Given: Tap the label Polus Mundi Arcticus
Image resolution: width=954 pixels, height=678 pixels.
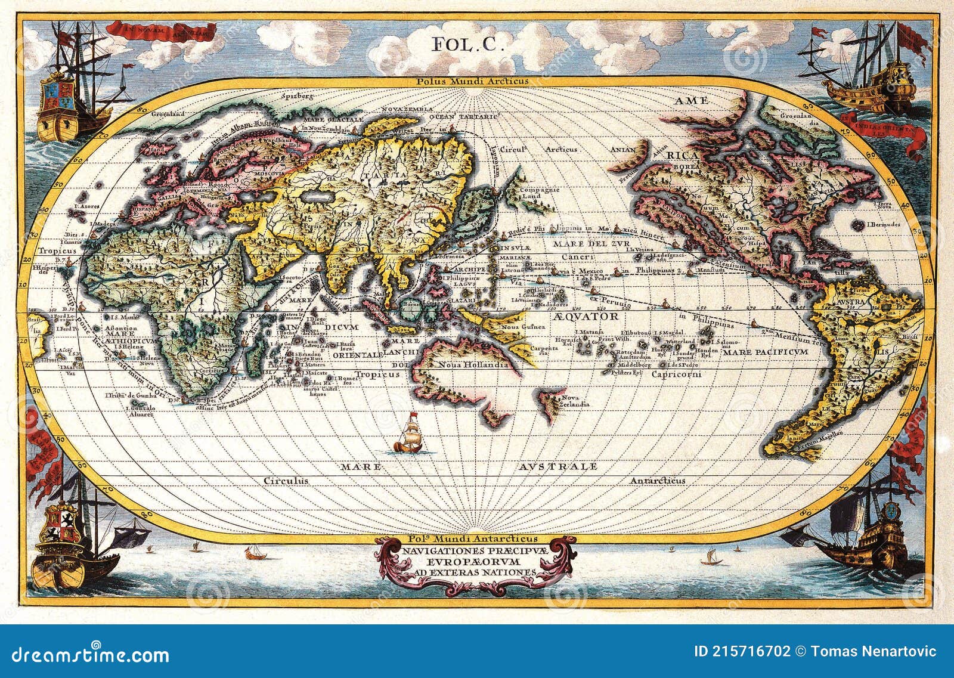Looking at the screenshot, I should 473,81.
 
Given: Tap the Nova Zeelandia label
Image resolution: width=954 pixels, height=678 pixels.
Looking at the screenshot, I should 570,400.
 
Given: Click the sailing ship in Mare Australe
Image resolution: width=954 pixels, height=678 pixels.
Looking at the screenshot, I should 408,433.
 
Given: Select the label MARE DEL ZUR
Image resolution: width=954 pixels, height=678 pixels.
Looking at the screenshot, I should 578,244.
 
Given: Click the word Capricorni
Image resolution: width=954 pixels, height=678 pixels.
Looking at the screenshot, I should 676,374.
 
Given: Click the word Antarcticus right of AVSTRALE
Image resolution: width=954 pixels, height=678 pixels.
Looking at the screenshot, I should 658,480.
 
